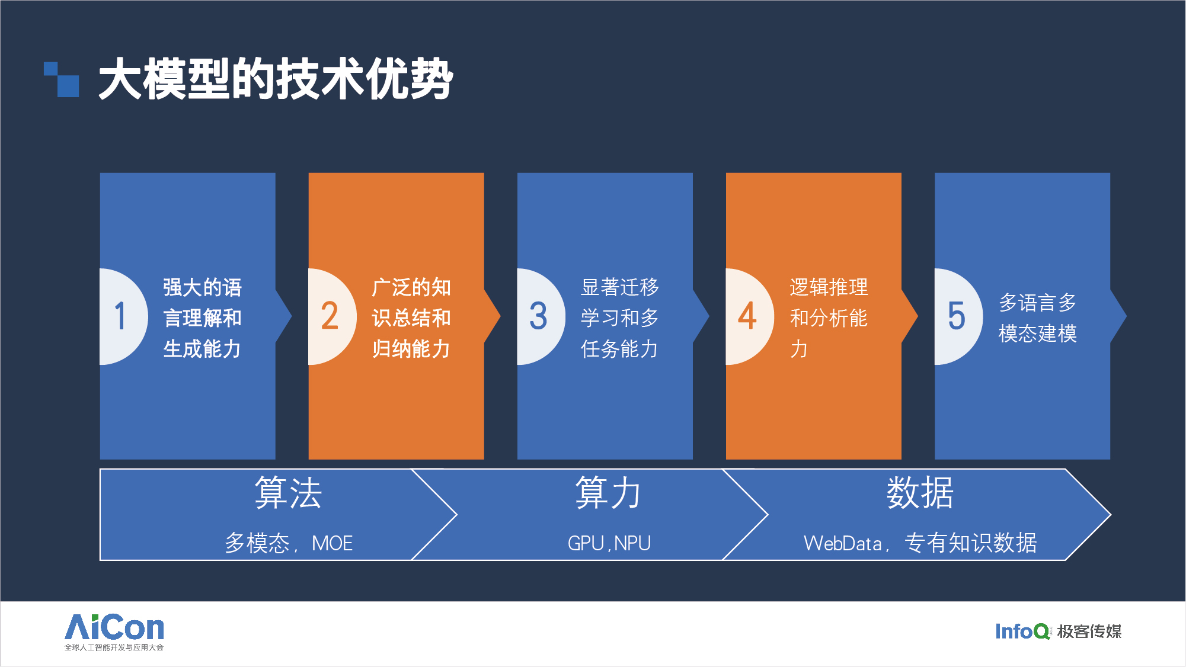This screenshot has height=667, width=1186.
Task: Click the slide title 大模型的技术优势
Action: (x=276, y=79)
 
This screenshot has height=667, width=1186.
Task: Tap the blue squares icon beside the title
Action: (x=62, y=79)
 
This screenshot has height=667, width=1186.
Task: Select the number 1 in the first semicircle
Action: (x=120, y=316)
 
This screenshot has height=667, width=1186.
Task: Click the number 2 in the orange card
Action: (x=330, y=316)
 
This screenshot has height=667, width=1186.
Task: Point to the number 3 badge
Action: (x=538, y=316)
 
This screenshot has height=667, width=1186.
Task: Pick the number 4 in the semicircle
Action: (x=747, y=316)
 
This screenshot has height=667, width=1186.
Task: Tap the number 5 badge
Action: (x=956, y=316)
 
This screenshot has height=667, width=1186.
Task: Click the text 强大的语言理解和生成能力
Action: (x=203, y=318)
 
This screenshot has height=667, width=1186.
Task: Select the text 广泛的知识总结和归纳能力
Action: (x=411, y=318)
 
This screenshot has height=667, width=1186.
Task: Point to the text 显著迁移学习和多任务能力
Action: (x=620, y=318)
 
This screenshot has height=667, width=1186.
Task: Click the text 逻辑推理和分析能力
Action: (x=829, y=318)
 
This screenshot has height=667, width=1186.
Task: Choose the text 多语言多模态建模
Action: (x=1038, y=318)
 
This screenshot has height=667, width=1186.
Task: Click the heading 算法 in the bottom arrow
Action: (x=288, y=493)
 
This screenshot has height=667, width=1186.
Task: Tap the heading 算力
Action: (x=608, y=493)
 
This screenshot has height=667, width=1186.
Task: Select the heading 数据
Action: (x=920, y=493)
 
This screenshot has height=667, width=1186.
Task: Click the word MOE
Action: (x=333, y=543)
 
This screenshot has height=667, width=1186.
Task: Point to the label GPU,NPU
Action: (x=609, y=543)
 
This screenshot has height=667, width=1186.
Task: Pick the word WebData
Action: (x=843, y=543)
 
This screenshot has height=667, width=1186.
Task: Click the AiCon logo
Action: (x=114, y=632)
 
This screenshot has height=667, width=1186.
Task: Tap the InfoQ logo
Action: (x=1023, y=631)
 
